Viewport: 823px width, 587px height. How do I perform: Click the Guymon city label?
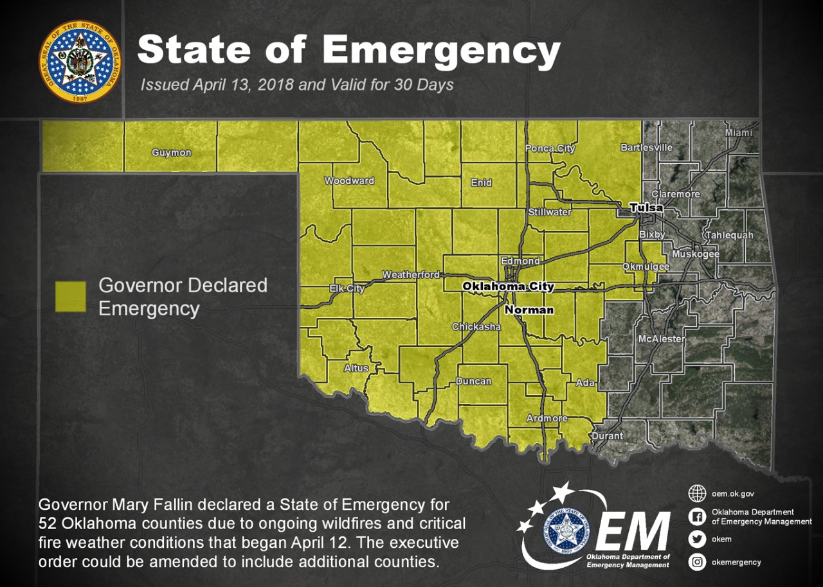click(x=171, y=153)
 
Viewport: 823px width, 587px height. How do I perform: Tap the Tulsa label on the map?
click(x=646, y=207)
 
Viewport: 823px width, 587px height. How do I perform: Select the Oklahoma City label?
click(x=508, y=286)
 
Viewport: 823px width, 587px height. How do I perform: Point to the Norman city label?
click(x=529, y=310)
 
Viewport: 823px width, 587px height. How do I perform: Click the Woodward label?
click(x=348, y=181)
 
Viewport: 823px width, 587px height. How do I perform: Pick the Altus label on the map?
click(x=356, y=368)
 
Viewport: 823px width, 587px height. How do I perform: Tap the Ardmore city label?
click(x=547, y=419)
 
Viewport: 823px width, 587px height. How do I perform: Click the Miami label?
click(x=738, y=132)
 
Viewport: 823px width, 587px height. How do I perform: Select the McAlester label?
click(x=662, y=339)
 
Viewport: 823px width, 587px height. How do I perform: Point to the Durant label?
click(x=607, y=436)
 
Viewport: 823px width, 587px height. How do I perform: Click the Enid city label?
click(x=481, y=183)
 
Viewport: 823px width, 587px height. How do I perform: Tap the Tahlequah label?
click(x=730, y=236)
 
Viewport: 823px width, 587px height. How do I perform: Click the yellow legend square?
click(x=70, y=297)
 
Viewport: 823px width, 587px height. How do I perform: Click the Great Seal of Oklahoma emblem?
click(x=80, y=61)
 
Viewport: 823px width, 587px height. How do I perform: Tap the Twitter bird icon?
click(x=697, y=539)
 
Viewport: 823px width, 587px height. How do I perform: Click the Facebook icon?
click(x=697, y=517)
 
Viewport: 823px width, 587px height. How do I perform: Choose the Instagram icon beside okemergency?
click(x=697, y=562)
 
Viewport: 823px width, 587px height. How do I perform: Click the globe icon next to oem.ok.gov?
click(x=697, y=494)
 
